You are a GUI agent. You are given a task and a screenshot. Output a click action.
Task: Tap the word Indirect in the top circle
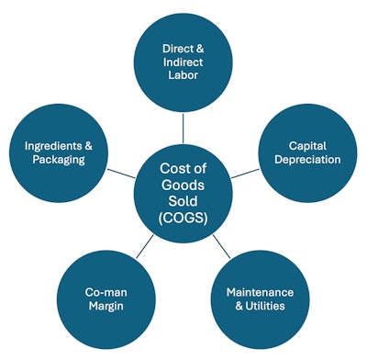[183, 61]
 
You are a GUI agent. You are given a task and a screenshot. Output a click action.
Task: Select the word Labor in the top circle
[183, 77]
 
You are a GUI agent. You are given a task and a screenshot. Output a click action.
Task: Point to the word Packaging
[61, 160]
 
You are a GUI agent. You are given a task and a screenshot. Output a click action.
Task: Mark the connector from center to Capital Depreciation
[243, 174]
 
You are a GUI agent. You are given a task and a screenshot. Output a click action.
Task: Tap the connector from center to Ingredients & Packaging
[122, 173]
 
